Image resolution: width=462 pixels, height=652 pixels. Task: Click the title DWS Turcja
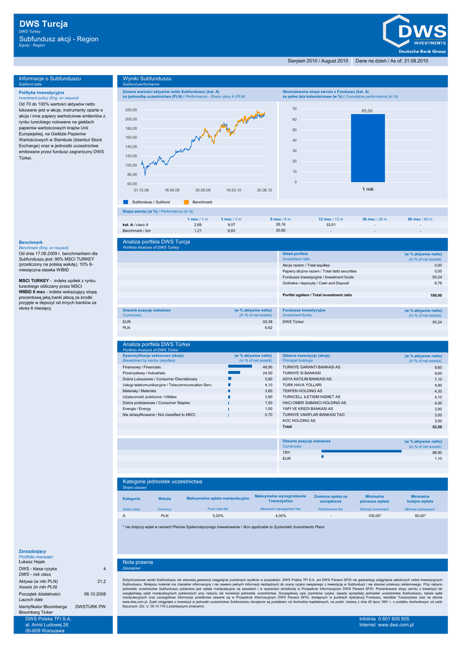pyautogui.click(x=43, y=24)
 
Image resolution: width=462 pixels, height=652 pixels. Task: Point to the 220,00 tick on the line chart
pyautogui.click(x=131, y=110)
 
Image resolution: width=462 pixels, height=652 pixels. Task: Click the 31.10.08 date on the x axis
pyautogui.click(x=141, y=190)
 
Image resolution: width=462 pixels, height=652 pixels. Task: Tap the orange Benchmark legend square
pyautogui.click(x=187, y=201)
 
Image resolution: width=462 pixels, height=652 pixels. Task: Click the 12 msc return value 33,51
pyautogui.click(x=331, y=225)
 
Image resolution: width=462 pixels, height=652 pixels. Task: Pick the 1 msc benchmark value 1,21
pyautogui.click(x=198, y=230)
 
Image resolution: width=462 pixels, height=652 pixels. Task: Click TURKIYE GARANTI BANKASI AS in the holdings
pyautogui.click(x=312, y=367)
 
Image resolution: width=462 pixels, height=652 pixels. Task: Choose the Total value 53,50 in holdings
pyautogui.click(x=437, y=427)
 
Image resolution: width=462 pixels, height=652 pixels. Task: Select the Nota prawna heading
pyautogui.click(x=138, y=562)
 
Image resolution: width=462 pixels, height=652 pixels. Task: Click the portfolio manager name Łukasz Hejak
pyautogui.click(x=32, y=562)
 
